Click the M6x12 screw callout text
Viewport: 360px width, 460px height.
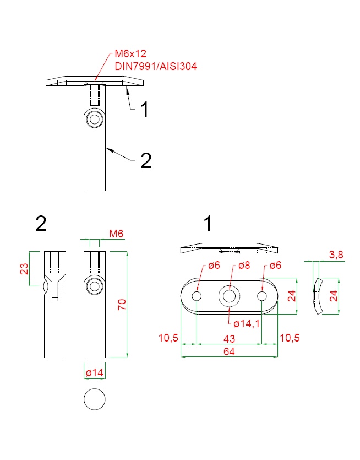click(130, 53)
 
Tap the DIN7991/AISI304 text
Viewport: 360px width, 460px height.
click(156, 66)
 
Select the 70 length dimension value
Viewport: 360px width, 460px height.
click(122, 305)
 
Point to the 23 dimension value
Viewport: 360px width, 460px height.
click(24, 269)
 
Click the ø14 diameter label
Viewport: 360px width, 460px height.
click(95, 372)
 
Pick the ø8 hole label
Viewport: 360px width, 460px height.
click(244, 265)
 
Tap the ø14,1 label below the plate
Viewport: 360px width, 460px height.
click(247, 323)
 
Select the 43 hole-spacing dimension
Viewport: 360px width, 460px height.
click(229, 339)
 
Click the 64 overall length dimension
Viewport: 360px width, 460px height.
click(229, 351)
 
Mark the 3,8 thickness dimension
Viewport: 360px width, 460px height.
click(336, 255)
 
